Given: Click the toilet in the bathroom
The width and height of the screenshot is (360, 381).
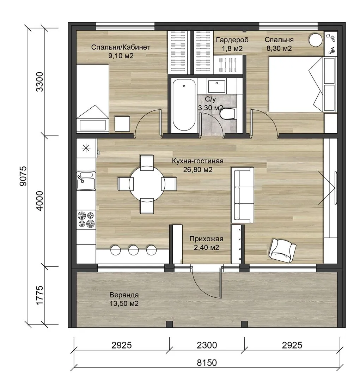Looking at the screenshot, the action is click(228, 114).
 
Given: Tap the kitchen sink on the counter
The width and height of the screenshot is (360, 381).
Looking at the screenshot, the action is click(86, 181).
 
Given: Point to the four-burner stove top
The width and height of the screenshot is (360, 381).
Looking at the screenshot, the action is click(86, 219).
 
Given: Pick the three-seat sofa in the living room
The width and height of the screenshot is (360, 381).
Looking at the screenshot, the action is click(243, 195).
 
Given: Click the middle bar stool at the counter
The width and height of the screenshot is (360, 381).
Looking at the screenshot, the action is click(133, 250).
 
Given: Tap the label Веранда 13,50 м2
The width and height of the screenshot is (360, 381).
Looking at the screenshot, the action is click(124, 299).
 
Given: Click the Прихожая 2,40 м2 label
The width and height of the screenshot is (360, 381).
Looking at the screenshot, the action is click(206, 243).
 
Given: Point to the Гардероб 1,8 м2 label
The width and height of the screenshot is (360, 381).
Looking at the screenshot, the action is click(232, 44).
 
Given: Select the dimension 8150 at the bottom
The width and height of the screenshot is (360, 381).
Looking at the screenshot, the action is click(207, 363).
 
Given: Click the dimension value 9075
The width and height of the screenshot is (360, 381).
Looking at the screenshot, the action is click(23, 176).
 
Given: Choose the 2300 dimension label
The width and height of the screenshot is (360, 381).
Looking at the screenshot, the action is click(207, 345).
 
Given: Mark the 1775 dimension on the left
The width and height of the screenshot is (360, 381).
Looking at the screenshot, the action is click(39, 295).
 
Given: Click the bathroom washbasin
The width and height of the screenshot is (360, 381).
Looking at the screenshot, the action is click(216, 85).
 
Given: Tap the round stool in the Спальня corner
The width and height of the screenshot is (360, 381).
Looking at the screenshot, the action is click(316, 40).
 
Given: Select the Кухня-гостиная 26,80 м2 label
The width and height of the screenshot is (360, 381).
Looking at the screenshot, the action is click(197, 165).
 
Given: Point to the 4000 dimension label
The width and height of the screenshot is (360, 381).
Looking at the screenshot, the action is click(39, 201).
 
